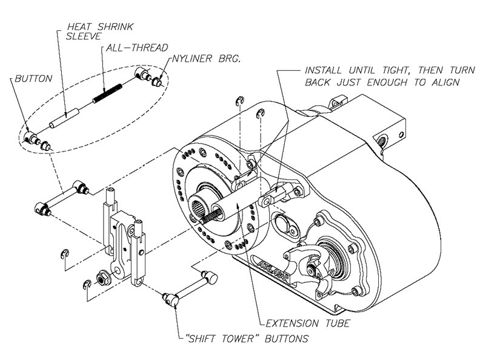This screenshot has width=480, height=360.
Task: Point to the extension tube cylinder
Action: (x=234, y=207)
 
